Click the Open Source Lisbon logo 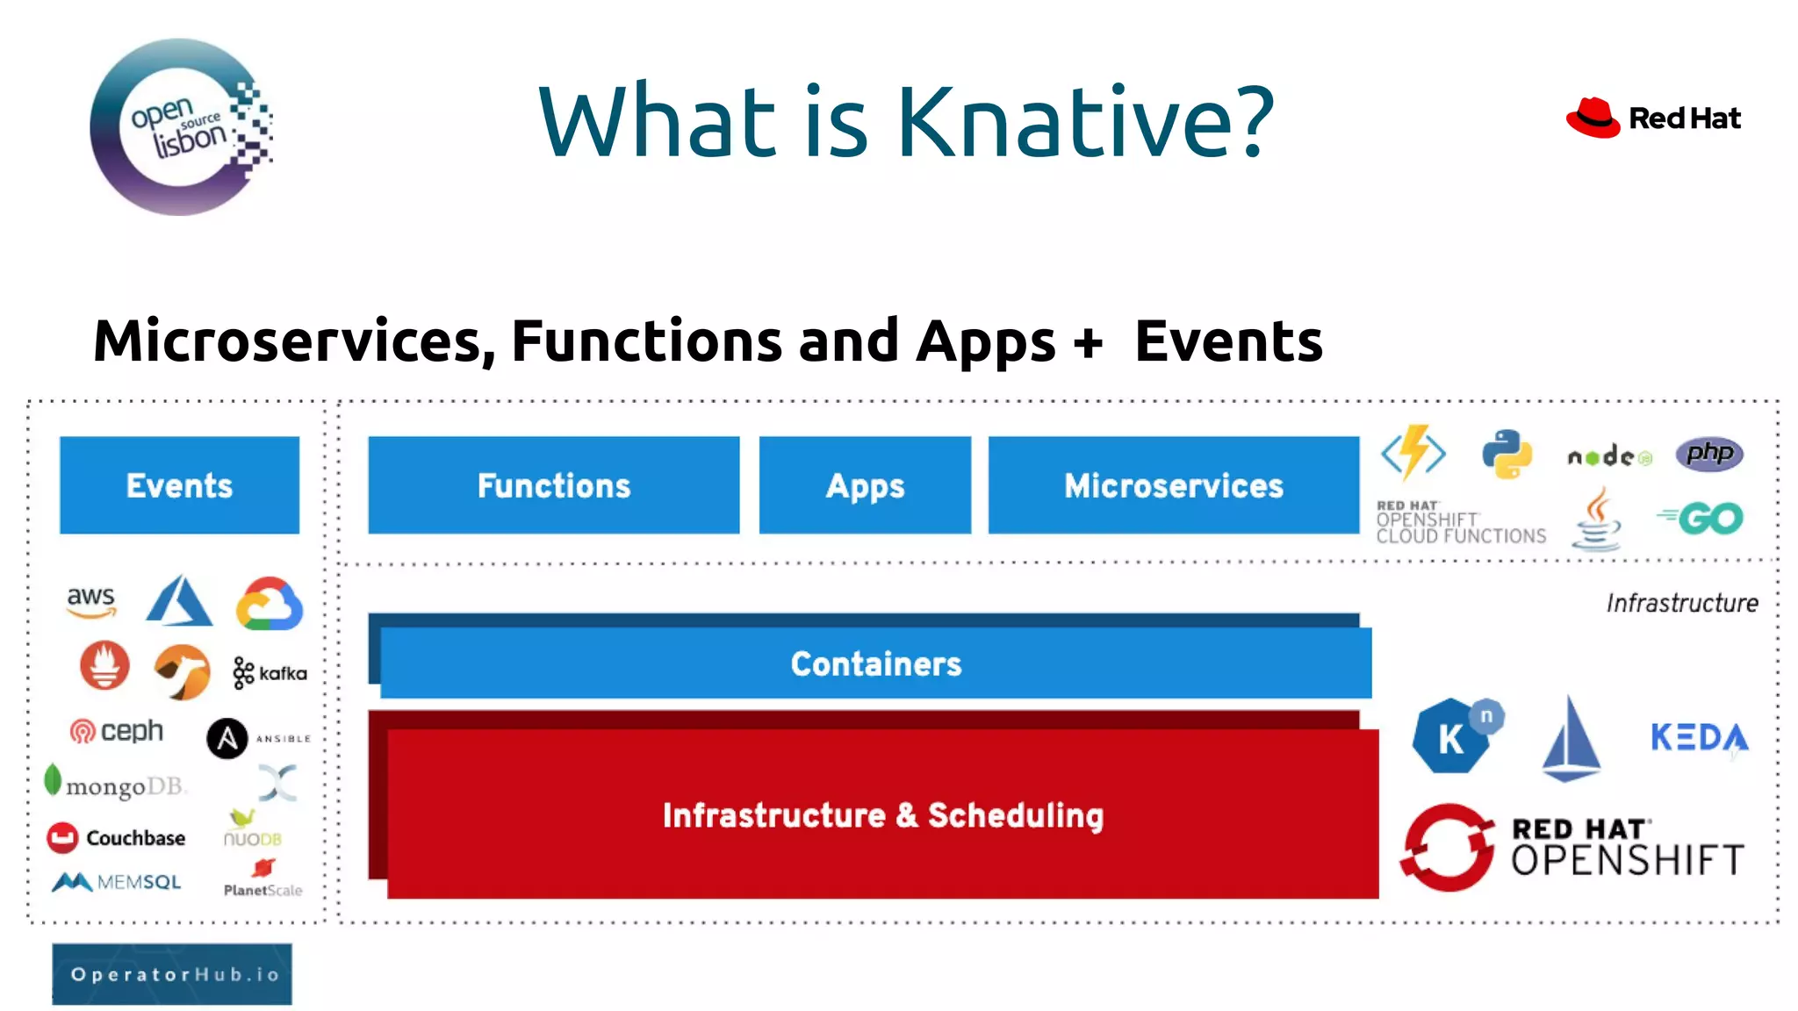[x=181, y=127]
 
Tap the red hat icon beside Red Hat [x=1593, y=118]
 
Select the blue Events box [x=179, y=485]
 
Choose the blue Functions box [x=553, y=485]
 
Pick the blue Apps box [x=865, y=485]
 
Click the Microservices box [x=1173, y=485]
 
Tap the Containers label [x=875, y=663]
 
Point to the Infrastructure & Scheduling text [x=882, y=814]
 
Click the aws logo [x=91, y=601]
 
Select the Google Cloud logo [x=270, y=604]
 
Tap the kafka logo [x=270, y=673]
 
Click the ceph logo [x=117, y=731]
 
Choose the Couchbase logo [x=116, y=838]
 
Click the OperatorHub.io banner [x=172, y=974]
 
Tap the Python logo [x=1507, y=454]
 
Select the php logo [x=1708, y=454]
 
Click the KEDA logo [x=1699, y=737]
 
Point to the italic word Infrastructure [x=1681, y=604]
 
